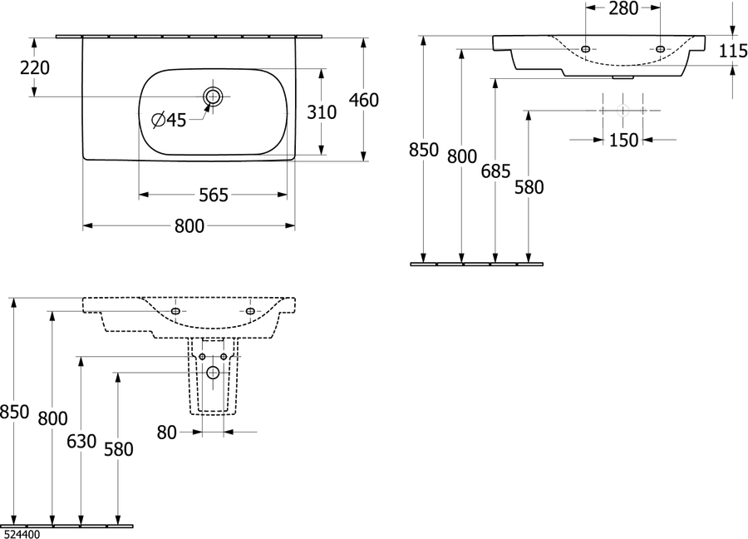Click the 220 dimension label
click(x=35, y=68)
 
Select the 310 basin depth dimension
click(x=322, y=112)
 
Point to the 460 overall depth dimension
click(x=364, y=100)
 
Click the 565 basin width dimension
click(x=214, y=195)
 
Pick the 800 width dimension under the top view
click(x=189, y=225)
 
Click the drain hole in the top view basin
click(x=213, y=97)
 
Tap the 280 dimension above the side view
click(x=623, y=8)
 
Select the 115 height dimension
click(x=733, y=51)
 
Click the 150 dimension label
click(x=623, y=140)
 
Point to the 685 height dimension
click(x=495, y=171)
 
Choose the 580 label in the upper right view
click(x=529, y=187)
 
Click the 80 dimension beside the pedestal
click(x=167, y=433)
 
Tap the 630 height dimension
click(x=81, y=442)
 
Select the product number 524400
click(x=22, y=534)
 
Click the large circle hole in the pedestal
click(x=213, y=373)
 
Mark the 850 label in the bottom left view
click(x=14, y=412)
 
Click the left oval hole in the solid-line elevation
click(x=585, y=49)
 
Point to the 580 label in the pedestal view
click(x=119, y=449)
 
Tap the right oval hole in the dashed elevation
click(x=250, y=311)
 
